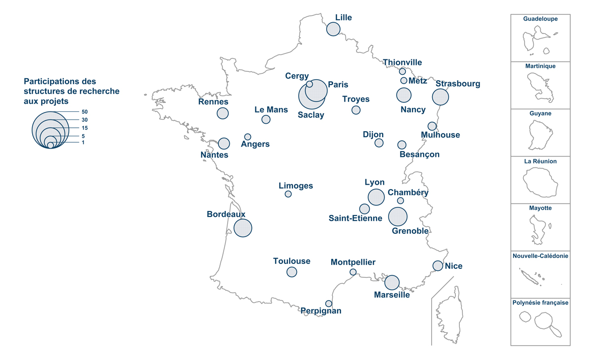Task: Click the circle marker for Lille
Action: (x=333, y=29)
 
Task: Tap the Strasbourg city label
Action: (x=457, y=84)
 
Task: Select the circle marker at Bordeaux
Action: (x=243, y=228)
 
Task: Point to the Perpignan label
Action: (x=321, y=311)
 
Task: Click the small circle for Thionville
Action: (x=402, y=71)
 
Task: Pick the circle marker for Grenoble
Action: (x=398, y=216)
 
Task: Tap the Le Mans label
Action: (x=271, y=109)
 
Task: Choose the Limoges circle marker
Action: (x=288, y=194)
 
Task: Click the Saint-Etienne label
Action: (x=355, y=218)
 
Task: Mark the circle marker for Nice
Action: (x=438, y=265)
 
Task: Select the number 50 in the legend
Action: (x=85, y=112)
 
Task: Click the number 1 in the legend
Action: (x=83, y=143)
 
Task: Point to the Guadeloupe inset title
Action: (x=540, y=19)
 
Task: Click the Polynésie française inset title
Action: (x=540, y=303)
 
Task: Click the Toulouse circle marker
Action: (x=292, y=272)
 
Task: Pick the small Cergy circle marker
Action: (x=309, y=84)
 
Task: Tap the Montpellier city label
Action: (x=353, y=262)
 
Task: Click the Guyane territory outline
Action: (x=540, y=135)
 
